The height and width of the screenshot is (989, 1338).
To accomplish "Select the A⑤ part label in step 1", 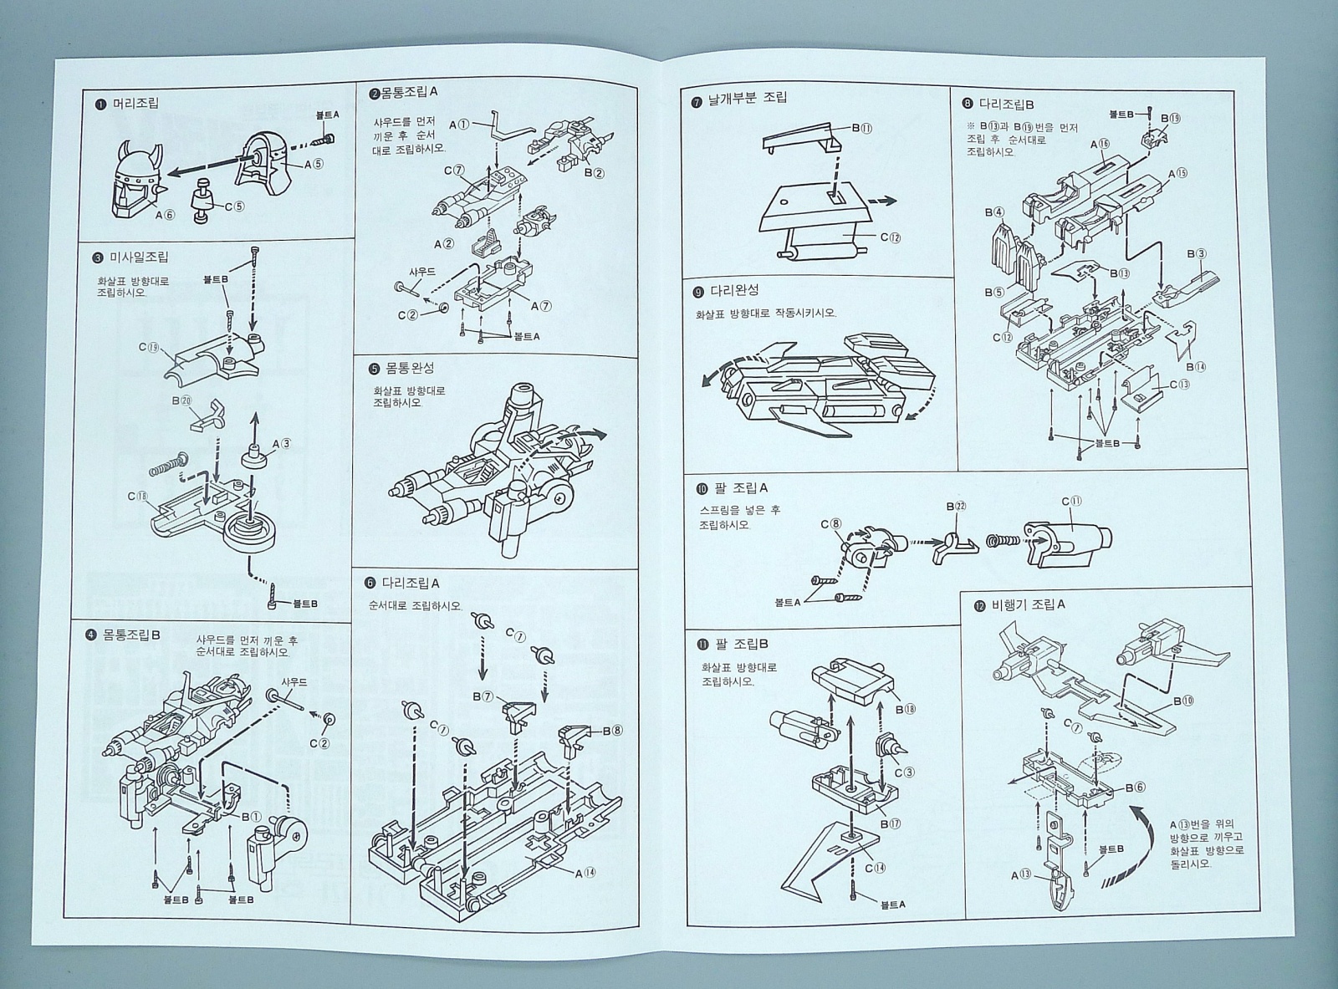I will [x=314, y=164].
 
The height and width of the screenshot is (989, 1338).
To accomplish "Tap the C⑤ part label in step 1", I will [x=234, y=206].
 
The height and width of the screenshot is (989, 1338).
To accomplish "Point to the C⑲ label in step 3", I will [x=149, y=347].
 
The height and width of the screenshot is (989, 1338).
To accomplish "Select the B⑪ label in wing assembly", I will [x=861, y=129].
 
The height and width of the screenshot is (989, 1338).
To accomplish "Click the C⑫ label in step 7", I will [x=889, y=237].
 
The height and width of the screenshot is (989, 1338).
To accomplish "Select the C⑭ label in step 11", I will [x=875, y=868].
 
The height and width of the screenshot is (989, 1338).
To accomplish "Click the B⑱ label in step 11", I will [x=907, y=710].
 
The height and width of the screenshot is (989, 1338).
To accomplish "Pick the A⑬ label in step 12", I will [x=1021, y=875].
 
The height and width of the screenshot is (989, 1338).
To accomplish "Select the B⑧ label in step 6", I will [x=613, y=729].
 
